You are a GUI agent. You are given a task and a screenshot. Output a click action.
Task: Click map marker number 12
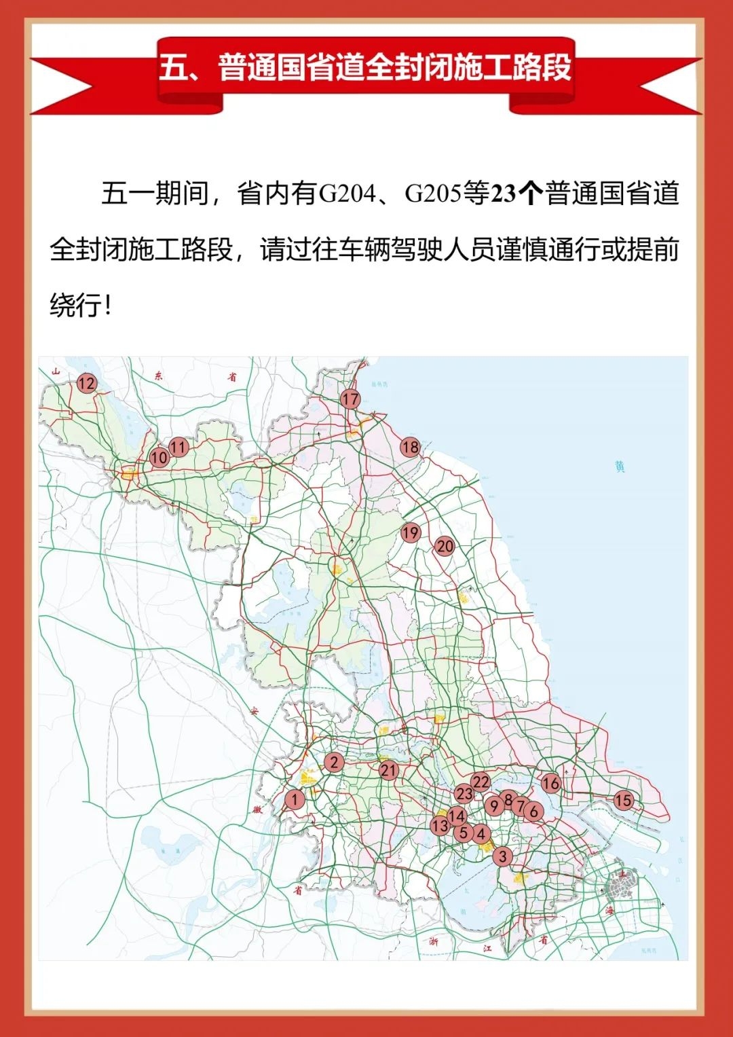click(x=86, y=384)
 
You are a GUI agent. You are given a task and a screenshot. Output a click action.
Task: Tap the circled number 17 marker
click(x=350, y=399)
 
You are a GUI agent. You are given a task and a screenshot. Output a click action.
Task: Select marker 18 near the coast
click(x=410, y=447)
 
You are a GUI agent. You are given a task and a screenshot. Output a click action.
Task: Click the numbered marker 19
click(x=410, y=532)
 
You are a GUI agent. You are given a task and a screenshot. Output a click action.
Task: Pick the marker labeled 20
click(x=445, y=546)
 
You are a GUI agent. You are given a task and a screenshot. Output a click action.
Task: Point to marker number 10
click(x=159, y=457)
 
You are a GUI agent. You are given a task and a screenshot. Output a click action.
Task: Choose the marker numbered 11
click(x=178, y=447)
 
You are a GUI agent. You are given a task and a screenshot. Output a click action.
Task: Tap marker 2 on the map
click(x=333, y=762)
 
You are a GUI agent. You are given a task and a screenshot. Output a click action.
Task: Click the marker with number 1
click(x=294, y=799)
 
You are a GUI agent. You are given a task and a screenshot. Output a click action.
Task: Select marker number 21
click(x=388, y=770)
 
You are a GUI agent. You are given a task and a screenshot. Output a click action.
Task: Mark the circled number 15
click(x=623, y=800)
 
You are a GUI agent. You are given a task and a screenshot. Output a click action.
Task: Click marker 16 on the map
click(x=550, y=783)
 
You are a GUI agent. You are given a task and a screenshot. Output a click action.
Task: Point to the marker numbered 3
click(x=502, y=856)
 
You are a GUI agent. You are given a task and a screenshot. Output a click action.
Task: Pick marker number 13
click(x=440, y=826)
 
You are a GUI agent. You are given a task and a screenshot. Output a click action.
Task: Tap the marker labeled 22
click(x=481, y=782)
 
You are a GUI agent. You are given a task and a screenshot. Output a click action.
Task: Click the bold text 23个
click(x=516, y=194)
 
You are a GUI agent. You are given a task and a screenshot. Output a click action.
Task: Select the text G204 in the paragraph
click(x=347, y=194)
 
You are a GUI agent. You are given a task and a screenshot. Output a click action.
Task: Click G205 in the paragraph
click(x=433, y=194)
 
